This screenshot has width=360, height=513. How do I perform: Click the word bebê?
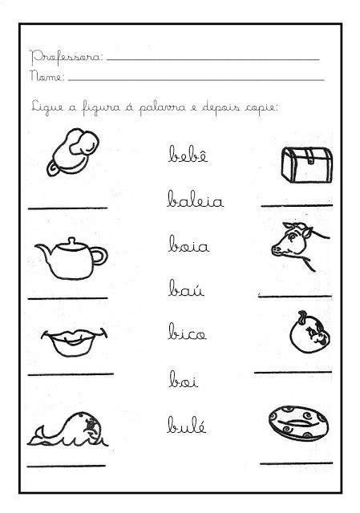click(x=188, y=154)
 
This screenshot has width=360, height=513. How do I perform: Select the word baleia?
click(x=196, y=199)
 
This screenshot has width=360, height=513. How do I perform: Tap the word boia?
click(x=189, y=244)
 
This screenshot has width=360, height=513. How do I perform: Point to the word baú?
click(x=187, y=289)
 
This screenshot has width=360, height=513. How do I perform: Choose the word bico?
click(x=187, y=331)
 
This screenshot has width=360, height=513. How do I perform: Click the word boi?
click(x=184, y=379)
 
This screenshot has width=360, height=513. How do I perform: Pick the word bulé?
click(x=187, y=425)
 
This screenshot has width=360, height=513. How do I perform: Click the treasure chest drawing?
click(x=307, y=164)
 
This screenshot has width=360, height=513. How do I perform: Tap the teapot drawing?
click(x=71, y=258)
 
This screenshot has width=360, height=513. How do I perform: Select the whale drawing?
click(x=67, y=430)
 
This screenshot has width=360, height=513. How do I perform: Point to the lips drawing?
click(x=74, y=342)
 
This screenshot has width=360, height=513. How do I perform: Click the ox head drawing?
click(x=300, y=246)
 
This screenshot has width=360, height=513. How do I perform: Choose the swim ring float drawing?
click(x=298, y=423)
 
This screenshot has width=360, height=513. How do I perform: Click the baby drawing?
click(x=74, y=151)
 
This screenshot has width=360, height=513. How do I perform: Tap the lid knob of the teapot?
click(x=71, y=240)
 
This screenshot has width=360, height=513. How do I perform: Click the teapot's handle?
click(x=100, y=256)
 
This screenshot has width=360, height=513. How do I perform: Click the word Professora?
click(x=67, y=58)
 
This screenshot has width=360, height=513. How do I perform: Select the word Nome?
click(x=47, y=76)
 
